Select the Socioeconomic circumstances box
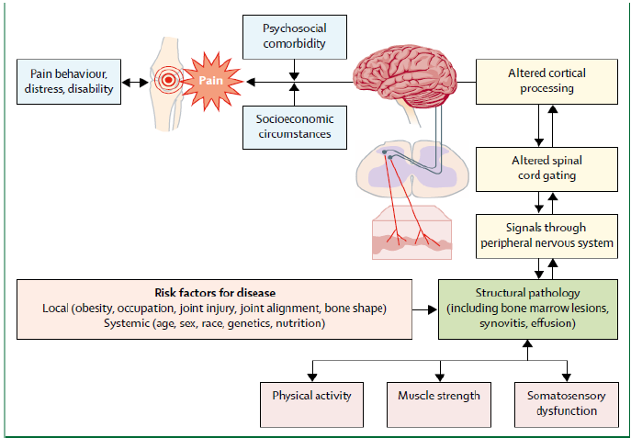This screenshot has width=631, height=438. (x=294, y=128)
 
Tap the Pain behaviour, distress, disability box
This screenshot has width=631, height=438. (x=69, y=82)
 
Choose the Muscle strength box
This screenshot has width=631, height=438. (x=439, y=396)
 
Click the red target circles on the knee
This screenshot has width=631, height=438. (x=168, y=81)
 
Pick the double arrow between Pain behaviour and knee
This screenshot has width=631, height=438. (x=135, y=83)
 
